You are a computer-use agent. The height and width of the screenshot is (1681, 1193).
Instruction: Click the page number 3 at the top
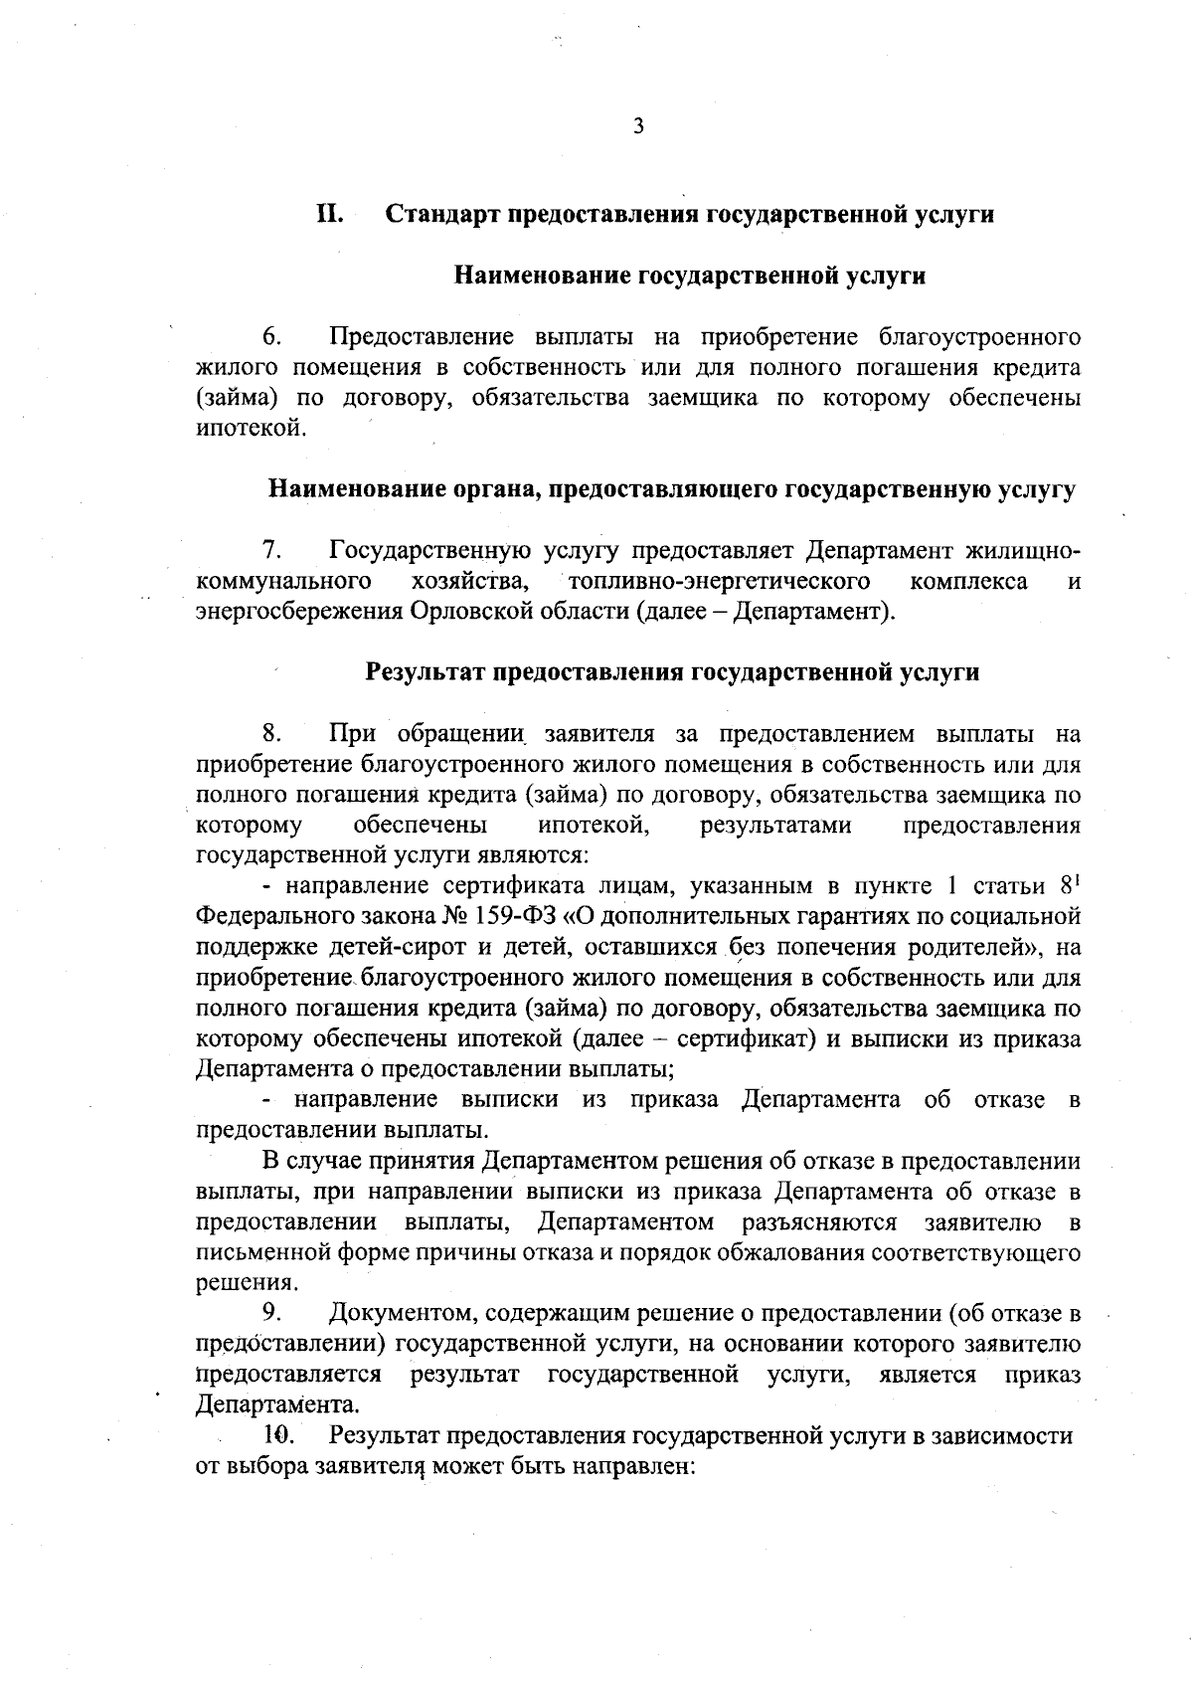click(x=637, y=126)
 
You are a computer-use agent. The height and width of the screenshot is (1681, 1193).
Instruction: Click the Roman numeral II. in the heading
click(x=330, y=214)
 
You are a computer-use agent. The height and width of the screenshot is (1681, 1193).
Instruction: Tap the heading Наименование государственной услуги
click(x=690, y=276)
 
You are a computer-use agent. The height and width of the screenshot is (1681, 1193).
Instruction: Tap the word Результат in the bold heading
click(x=426, y=671)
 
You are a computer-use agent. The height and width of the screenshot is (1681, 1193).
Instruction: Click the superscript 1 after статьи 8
click(x=1077, y=880)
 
